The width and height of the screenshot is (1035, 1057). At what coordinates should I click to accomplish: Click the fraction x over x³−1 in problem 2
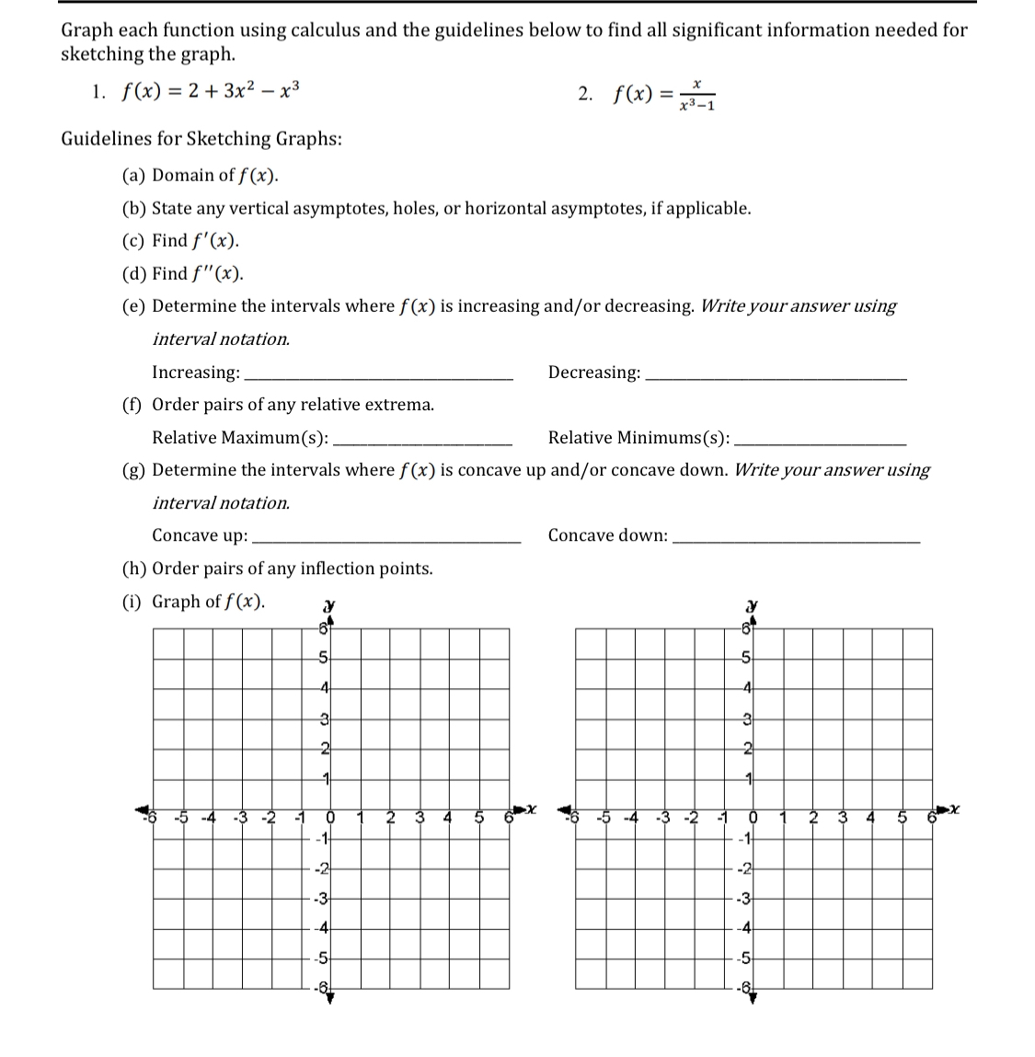point(697,95)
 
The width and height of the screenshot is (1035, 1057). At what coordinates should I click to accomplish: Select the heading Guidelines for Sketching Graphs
point(201,139)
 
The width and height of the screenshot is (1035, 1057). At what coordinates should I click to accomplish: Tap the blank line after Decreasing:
point(775,377)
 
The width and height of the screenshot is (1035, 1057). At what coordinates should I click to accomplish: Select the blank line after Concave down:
point(796,541)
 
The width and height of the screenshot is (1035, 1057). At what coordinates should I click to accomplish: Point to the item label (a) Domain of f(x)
point(201,175)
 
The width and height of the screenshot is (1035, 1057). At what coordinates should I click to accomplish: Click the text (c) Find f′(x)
point(181,241)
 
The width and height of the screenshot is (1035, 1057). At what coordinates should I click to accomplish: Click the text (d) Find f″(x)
point(183,273)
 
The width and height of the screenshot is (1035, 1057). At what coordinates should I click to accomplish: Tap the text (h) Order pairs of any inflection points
point(277,569)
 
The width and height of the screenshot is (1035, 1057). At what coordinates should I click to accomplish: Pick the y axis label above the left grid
point(328,607)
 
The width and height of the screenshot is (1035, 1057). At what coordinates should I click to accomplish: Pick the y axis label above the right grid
point(751,607)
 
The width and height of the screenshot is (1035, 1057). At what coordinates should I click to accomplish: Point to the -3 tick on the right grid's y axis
point(746,898)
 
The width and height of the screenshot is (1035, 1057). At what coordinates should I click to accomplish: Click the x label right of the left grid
point(530,810)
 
